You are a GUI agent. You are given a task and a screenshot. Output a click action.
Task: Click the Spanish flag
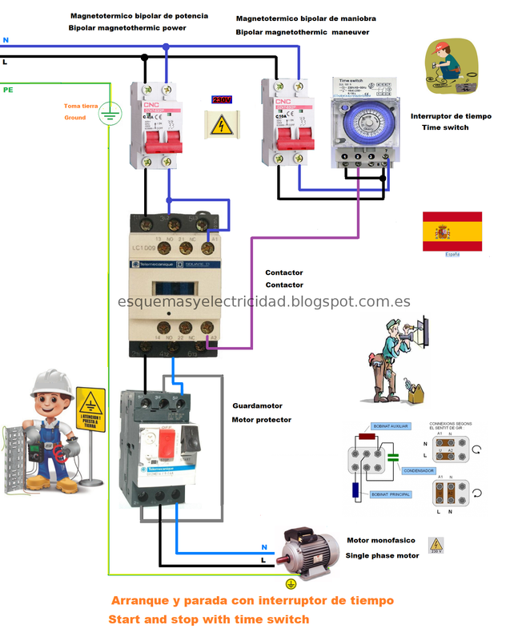452,231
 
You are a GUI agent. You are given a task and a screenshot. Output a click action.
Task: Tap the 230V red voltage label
222,100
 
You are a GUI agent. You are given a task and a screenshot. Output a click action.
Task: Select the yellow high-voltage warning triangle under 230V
222,124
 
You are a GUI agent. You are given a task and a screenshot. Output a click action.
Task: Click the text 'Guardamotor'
257,405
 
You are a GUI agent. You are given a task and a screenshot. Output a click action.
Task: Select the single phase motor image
307,553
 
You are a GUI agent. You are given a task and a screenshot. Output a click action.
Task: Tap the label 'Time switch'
445,127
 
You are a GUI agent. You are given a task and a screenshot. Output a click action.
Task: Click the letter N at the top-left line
6,39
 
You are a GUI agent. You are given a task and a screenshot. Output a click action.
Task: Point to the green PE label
8,91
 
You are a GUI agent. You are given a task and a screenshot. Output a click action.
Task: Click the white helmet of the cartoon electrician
49,383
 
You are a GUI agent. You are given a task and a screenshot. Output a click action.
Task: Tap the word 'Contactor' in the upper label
284,272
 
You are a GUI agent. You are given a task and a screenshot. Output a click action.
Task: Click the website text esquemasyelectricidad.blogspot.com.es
263,302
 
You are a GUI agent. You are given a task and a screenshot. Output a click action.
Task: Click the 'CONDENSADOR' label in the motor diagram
418,470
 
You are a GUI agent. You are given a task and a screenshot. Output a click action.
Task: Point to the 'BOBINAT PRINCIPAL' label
391,494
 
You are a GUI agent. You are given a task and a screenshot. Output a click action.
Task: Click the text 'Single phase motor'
382,555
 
